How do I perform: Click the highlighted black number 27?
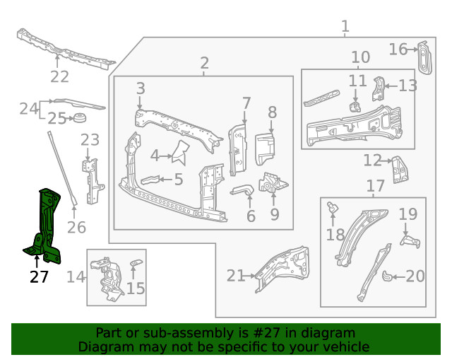click(x=39, y=276)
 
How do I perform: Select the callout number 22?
click(x=59, y=77)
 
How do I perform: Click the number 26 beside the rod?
click(x=76, y=228)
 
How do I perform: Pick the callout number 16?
click(x=398, y=49)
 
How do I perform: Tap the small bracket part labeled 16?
click(x=424, y=57)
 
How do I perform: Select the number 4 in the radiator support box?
click(x=155, y=155)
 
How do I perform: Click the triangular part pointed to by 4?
click(x=181, y=151)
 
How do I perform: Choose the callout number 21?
click(x=235, y=276)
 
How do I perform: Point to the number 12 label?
click(x=372, y=161)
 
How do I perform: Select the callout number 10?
click(x=360, y=57)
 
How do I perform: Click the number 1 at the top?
click(x=345, y=27)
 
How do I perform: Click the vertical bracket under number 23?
click(x=90, y=180)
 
